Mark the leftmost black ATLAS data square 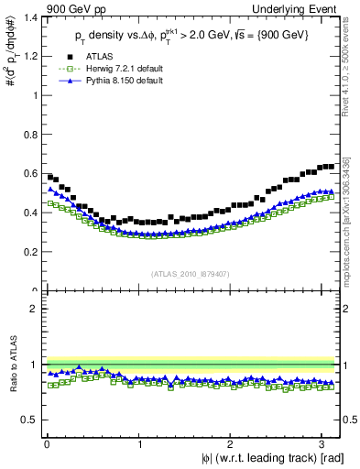coord(50,177)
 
